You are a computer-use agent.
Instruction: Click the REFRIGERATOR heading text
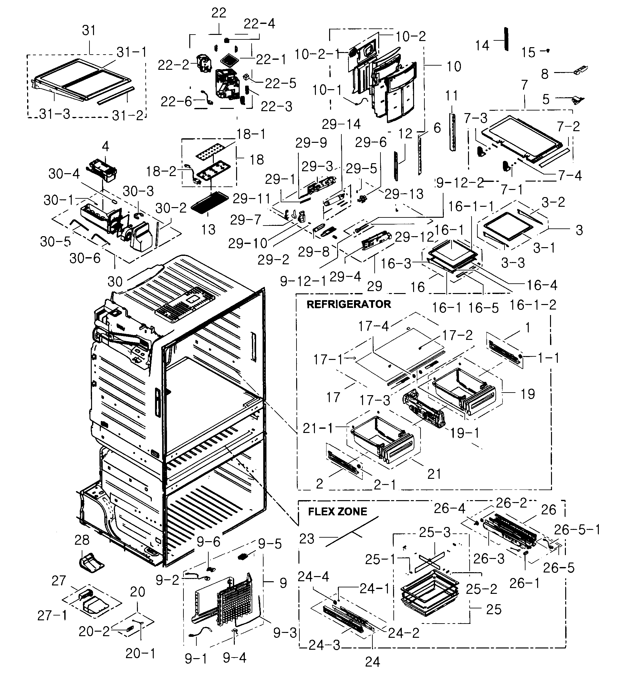tap(348, 304)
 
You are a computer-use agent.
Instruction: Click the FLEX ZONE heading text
tap(338, 511)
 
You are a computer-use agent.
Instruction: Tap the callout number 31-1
tap(131, 52)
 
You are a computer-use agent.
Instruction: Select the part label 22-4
tap(259, 24)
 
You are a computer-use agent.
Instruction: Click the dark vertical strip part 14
tap(506, 39)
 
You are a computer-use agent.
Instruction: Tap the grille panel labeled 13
tap(210, 203)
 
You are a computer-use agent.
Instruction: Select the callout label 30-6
tap(85, 258)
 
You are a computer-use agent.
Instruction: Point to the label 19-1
tap(464, 433)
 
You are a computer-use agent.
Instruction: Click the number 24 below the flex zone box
tap(372, 662)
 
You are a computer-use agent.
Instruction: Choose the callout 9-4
tap(234, 658)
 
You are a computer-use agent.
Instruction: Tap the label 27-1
tap(52, 615)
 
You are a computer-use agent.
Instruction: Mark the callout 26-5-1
tap(577, 530)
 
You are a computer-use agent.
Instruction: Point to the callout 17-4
tap(373, 326)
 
